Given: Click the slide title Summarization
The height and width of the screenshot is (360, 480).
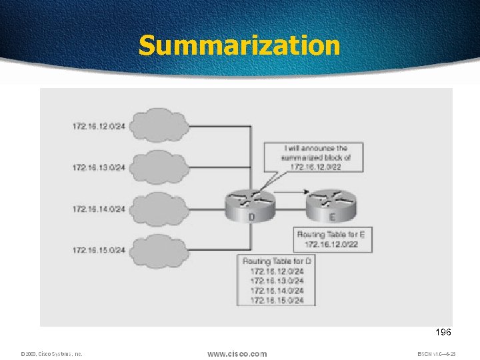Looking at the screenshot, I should [239, 45].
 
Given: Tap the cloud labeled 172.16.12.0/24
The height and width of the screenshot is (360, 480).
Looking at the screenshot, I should [158, 125].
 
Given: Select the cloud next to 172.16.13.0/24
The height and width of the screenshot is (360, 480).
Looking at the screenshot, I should [158, 167].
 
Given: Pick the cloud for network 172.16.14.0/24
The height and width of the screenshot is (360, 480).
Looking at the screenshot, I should [158, 209].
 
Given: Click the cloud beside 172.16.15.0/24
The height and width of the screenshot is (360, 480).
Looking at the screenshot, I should [158, 250].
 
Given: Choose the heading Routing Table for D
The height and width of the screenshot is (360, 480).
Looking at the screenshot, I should [277, 261].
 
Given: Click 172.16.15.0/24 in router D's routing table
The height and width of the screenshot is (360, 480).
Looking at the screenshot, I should [277, 301].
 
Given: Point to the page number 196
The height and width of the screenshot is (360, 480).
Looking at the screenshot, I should [442, 332].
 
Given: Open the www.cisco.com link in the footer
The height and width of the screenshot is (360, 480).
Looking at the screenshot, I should [237, 353].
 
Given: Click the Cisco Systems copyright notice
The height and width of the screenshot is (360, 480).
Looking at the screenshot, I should [51, 354].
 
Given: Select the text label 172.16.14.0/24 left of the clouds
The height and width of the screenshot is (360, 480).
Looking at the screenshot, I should [99, 209].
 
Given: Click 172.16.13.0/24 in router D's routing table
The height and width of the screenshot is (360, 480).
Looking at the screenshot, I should [277, 281].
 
